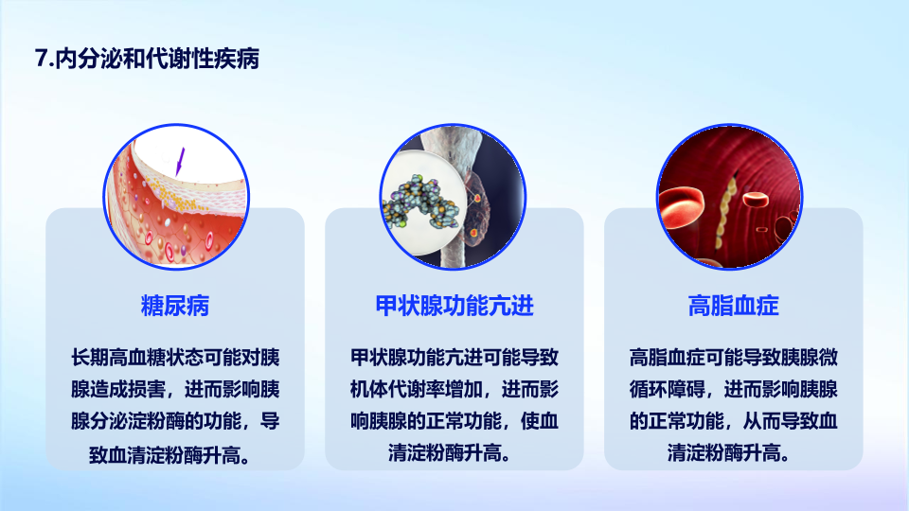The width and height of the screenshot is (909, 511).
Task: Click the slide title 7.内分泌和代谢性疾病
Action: tap(148, 59)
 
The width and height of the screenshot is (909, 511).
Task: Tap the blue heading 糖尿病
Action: tap(175, 306)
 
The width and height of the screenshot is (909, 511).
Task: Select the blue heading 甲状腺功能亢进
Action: tap(454, 306)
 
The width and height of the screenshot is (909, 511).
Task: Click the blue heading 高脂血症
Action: tap(733, 306)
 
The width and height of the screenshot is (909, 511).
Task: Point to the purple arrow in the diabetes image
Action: tap(180, 162)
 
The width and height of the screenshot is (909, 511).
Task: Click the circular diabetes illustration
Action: tap(176, 197)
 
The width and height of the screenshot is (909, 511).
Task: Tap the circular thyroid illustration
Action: tap(453, 197)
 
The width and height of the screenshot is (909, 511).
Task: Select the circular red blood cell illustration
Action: tap(729, 197)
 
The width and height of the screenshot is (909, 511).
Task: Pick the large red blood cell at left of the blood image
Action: tap(681, 207)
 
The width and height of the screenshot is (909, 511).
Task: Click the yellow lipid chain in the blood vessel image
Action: tap(725, 211)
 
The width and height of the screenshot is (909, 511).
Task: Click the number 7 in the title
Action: tap(41, 59)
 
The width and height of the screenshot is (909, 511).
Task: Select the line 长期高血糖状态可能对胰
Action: tap(175, 358)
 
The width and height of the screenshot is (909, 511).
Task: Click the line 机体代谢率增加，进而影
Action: tap(454, 389)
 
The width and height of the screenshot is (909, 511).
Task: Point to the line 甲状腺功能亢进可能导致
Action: tap(454, 358)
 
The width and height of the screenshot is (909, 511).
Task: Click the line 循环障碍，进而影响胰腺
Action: tap(733, 389)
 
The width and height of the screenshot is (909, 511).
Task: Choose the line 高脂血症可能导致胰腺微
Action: tap(733, 358)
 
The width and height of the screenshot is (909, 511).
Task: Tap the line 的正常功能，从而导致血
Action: tap(733, 421)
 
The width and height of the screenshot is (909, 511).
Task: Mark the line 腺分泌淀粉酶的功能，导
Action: tap(175, 421)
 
